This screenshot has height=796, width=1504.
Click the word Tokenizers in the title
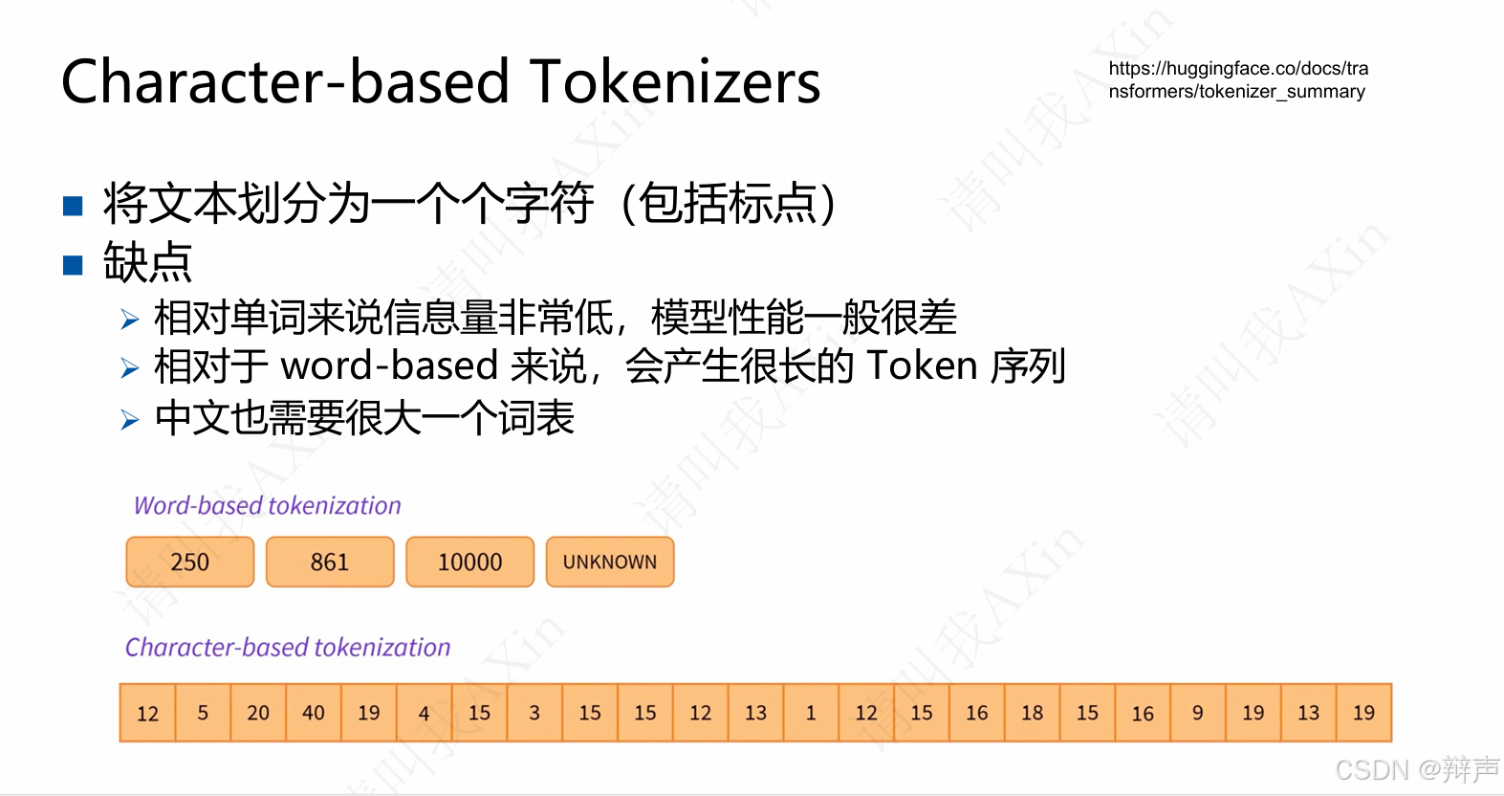coord(675,82)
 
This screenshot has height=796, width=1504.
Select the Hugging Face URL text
coord(1238,80)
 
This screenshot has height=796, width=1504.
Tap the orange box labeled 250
coord(190,562)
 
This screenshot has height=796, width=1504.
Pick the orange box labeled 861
coord(330,562)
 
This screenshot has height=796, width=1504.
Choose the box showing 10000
coord(469,562)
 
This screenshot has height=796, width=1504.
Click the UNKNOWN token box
coord(610,562)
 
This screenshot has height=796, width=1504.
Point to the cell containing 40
coord(314,713)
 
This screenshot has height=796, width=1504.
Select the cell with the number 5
coord(203,713)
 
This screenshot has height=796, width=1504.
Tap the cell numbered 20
coord(258,713)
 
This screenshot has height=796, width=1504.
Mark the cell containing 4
coord(424,713)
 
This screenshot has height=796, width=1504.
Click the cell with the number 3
coord(534,713)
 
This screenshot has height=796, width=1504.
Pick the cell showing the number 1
coord(811,713)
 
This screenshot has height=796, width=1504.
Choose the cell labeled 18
coord(1032,713)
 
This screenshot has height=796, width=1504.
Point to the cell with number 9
coord(1197,713)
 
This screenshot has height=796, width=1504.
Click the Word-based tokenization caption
coord(268,505)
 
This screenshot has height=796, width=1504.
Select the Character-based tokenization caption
coord(288,648)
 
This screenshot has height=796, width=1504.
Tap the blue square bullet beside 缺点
coord(74,264)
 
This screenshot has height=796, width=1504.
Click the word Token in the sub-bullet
coord(922,365)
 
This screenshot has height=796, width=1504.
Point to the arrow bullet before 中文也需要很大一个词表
coord(130,419)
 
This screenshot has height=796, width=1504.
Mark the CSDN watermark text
coord(1416,769)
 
